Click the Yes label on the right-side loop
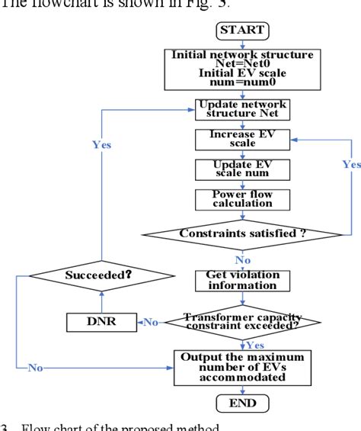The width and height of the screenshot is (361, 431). pos(351,164)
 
